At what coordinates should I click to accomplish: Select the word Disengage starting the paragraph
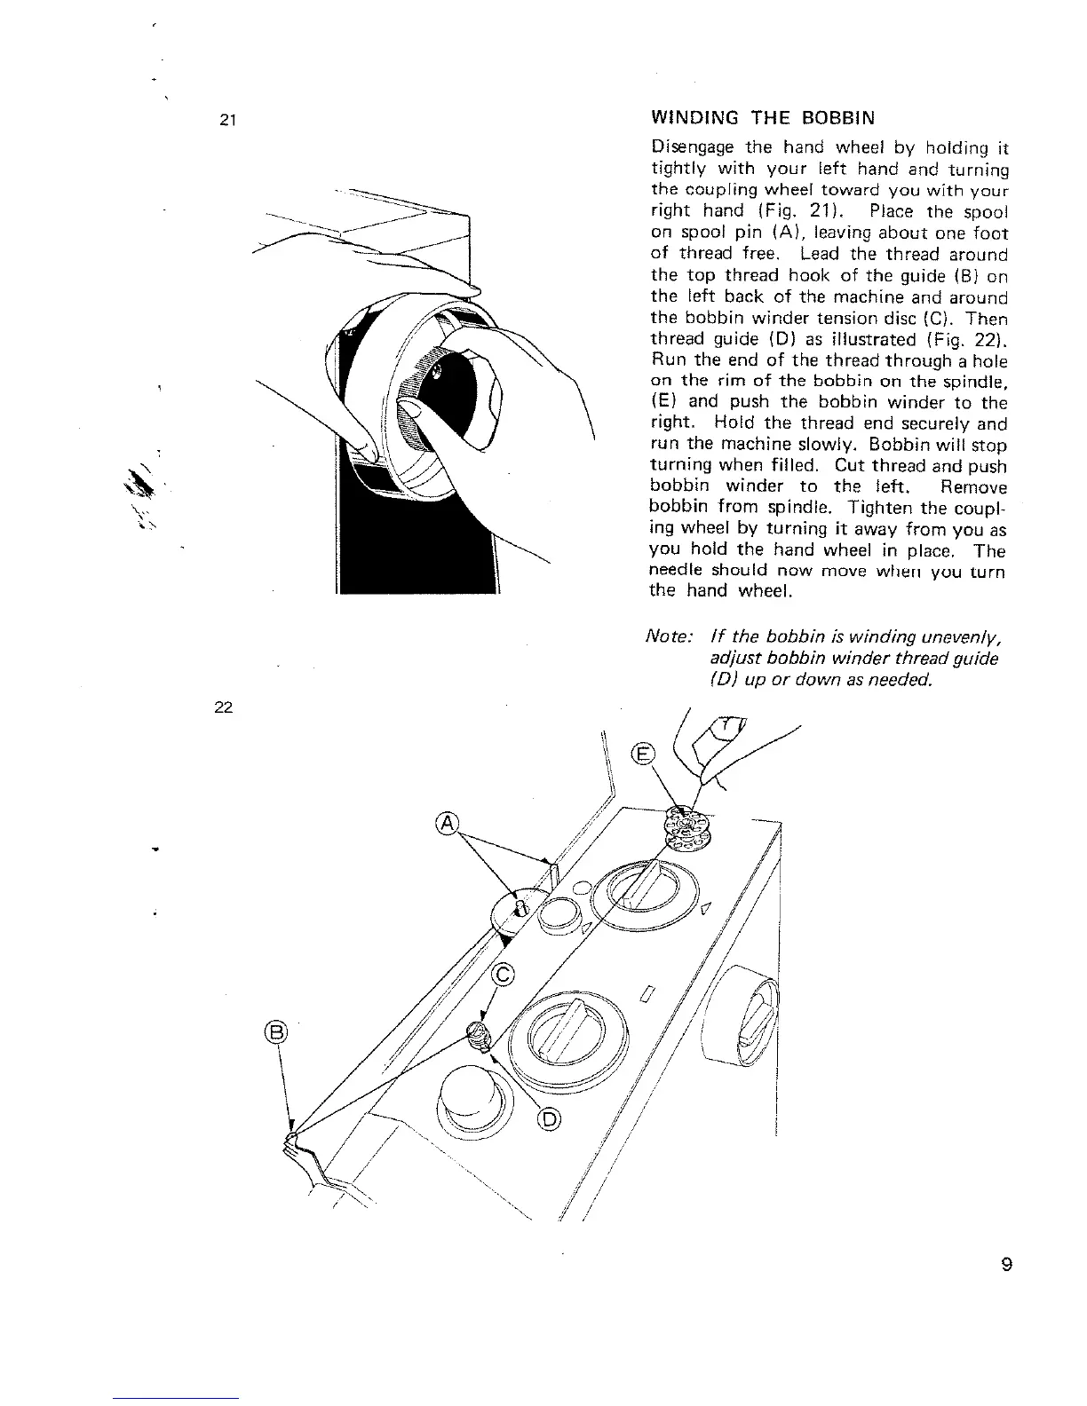[693, 147]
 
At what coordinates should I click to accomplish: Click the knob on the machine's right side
[748, 1012]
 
